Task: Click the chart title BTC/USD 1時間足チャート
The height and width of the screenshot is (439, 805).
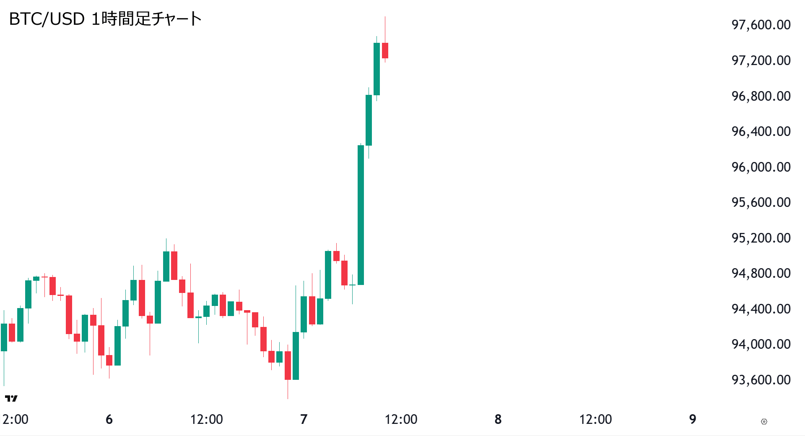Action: [x=105, y=19]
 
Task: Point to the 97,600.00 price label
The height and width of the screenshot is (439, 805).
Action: [x=761, y=25]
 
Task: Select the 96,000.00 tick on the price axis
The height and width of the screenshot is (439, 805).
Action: [x=761, y=167]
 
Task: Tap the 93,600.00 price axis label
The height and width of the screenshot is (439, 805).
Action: [x=761, y=380]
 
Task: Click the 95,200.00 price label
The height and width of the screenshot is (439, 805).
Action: [x=761, y=238]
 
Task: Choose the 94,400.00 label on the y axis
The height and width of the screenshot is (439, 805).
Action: [x=761, y=309]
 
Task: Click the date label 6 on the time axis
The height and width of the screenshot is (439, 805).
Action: [x=109, y=419]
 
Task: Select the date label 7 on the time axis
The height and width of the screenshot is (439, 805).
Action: [x=304, y=419]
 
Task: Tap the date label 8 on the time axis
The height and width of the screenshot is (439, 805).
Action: [x=498, y=419]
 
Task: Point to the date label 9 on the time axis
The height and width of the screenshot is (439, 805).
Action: [x=693, y=419]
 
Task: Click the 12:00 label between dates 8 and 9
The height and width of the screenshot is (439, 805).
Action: [x=595, y=419]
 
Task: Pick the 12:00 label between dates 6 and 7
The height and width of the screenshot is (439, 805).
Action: [x=206, y=419]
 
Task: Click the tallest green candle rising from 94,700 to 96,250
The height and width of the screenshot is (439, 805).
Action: [x=361, y=215]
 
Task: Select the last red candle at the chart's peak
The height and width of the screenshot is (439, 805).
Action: [x=385, y=50]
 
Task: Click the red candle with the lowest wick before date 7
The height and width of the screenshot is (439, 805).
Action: [x=288, y=365]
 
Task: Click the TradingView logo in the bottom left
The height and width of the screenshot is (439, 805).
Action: [x=11, y=398]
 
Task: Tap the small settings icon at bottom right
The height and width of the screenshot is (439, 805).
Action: [x=764, y=421]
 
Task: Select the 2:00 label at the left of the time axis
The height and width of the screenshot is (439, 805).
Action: [x=16, y=419]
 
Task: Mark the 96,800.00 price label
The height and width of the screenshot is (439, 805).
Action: [x=761, y=96]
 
